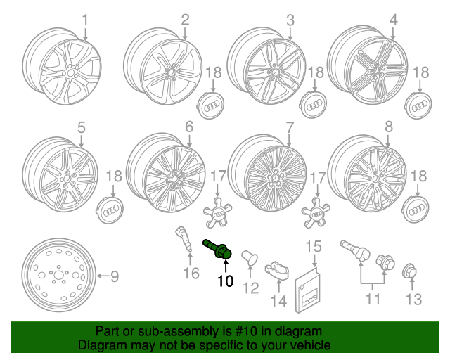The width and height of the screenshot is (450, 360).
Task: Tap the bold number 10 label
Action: [225, 282]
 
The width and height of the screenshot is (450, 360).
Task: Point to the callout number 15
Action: [312, 246]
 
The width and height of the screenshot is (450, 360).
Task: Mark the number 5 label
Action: [81, 127]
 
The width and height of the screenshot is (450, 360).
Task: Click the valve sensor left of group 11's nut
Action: [354, 250]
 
